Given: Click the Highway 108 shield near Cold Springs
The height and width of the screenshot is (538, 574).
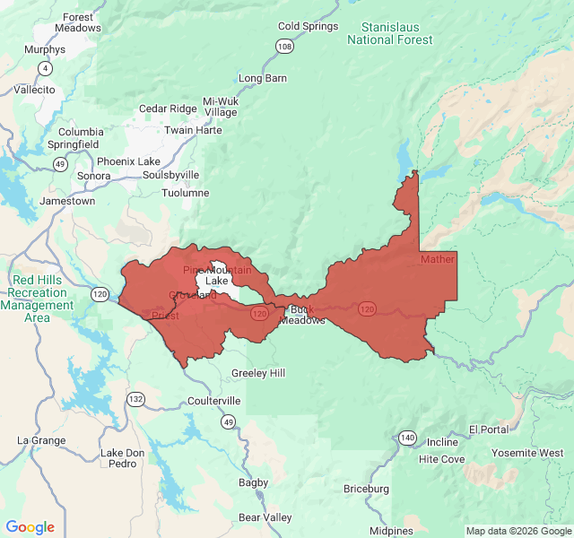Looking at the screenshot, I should tap(285, 46).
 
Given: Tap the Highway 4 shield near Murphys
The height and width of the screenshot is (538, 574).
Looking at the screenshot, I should tap(45, 68).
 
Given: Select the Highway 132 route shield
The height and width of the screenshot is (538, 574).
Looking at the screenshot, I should tap(135, 399).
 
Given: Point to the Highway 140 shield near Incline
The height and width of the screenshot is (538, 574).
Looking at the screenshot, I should tap(408, 437).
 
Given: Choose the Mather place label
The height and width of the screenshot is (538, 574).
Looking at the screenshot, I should tap(438, 259).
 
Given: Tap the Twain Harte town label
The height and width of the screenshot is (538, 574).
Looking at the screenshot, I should tap(193, 130).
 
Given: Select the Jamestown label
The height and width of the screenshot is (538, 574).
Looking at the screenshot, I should tap(67, 201).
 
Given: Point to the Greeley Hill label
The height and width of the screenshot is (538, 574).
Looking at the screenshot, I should tap(258, 373).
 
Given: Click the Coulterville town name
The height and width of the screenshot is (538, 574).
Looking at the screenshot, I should tap(214, 401).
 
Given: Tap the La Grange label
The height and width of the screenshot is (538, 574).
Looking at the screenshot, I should tap(41, 440).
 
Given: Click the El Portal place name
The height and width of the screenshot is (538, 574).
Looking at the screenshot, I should tap(488, 430).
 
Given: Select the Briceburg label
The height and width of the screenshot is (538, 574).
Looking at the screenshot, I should tap(366, 489).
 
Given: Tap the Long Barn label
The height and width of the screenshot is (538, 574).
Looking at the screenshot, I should tap(263, 78).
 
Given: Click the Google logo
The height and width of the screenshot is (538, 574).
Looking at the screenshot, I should tap(30, 527).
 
